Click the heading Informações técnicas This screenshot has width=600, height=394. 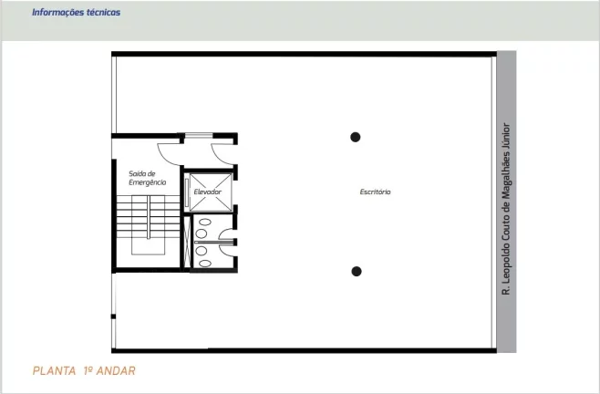point(77,12)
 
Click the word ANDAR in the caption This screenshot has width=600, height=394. point(116,370)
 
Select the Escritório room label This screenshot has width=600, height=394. point(375,192)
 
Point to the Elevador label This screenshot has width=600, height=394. point(207,192)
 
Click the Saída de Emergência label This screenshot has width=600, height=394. point(148,178)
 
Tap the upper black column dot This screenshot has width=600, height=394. point(355,137)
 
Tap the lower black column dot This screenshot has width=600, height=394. point(357,271)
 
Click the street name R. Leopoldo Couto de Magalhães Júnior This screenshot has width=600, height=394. point(506,209)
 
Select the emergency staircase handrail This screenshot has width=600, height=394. point(148,217)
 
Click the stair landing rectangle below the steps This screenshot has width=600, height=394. point(148,245)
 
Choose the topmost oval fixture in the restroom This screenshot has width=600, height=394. point(205,222)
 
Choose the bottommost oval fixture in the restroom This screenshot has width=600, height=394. point(205,263)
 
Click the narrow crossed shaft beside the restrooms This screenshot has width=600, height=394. point(187,242)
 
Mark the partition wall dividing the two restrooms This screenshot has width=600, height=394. point(214,243)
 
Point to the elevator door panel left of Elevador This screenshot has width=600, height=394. point(187,192)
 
